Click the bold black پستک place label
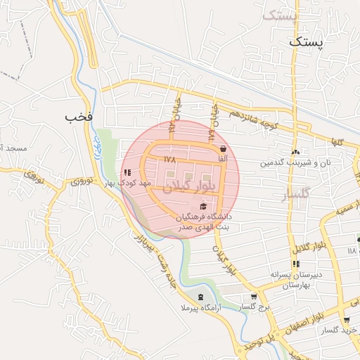coord(307,42)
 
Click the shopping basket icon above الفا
coord(223,149)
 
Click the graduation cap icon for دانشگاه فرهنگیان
coord(204,206)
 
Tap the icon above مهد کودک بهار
coord(127,172)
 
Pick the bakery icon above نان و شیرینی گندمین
coord(295,152)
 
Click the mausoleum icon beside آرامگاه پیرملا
coord(201,297)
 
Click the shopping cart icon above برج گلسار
coord(254,297)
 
